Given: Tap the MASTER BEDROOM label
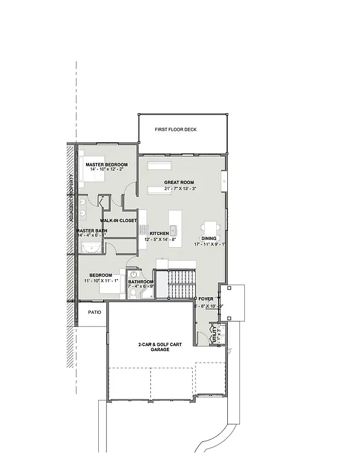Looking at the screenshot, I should (106, 165).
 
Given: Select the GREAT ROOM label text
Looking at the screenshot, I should (179, 182).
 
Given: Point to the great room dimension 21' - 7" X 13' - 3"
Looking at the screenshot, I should (180, 189).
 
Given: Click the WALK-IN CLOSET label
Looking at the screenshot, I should (119, 220).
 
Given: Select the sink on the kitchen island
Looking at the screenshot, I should (173, 229).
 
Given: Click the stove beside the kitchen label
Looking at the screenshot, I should (143, 229).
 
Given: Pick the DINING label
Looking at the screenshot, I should (209, 238).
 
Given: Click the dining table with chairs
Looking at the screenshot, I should (210, 228).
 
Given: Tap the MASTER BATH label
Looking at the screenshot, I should (92, 231).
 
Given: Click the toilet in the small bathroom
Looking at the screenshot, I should (133, 294).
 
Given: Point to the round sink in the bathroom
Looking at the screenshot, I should (134, 274).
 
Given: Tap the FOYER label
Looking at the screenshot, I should (206, 299).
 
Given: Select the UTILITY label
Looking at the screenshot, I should (213, 334).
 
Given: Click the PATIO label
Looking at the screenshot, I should (94, 312).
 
